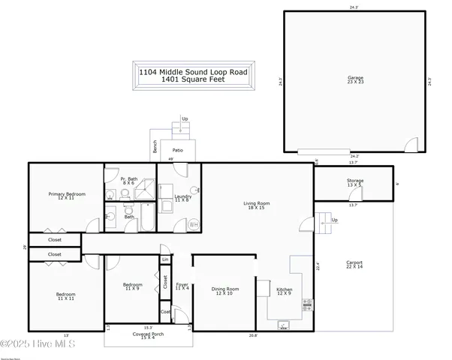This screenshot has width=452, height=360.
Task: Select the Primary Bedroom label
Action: coord(67,196)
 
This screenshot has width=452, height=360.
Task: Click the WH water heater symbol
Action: coord(193,224)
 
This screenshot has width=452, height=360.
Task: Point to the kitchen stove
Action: coord(307,304)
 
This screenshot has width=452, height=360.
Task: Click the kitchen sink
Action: coord(285,325)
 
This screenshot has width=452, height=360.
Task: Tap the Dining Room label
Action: coord(224,291)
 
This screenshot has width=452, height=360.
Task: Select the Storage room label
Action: coord(355,183)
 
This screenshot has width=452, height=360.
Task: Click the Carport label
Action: coord(354,265)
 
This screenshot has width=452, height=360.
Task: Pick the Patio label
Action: coord(177,149)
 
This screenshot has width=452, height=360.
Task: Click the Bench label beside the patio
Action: coord(155,148)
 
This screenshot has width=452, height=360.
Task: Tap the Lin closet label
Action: coord(164,259)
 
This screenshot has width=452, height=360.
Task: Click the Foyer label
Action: coord(182,286)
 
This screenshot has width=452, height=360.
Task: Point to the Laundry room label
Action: coord(182,199)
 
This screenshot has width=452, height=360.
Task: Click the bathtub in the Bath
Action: coord(148,223)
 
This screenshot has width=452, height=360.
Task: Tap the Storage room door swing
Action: coord(357,196)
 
